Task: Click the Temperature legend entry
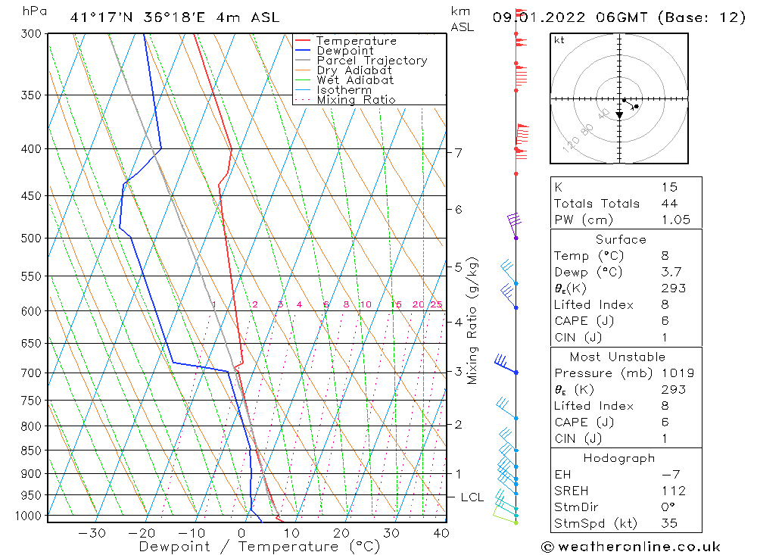coord(356,41)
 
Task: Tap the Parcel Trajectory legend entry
coord(372,61)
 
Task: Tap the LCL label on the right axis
coord(472,497)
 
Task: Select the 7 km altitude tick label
coord(458,153)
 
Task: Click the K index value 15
coord(668,187)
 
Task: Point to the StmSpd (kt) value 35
coord(669,523)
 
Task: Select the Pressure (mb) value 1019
coord(677,373)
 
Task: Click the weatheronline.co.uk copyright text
coord(631,547)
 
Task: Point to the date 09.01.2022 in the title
coord(534,17)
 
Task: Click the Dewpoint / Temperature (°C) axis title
coord(259,547)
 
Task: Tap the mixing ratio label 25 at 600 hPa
coord(436,304)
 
